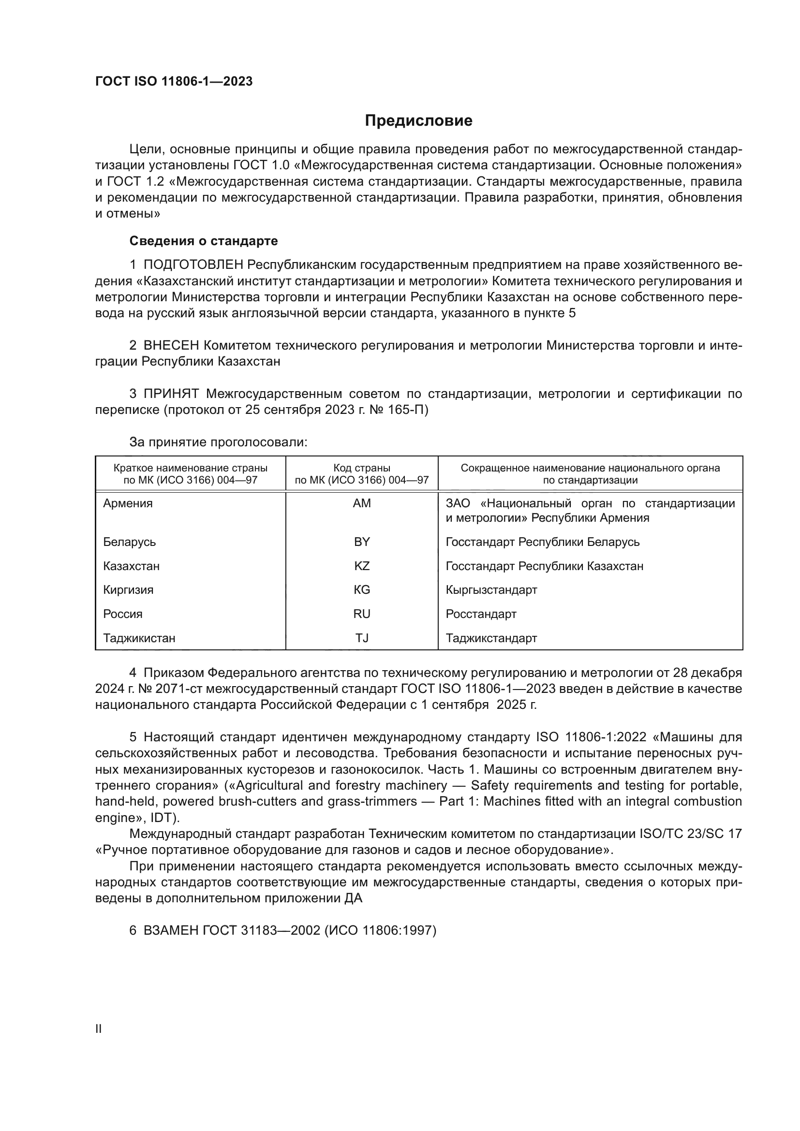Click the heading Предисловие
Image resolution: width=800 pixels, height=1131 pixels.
(418, 121)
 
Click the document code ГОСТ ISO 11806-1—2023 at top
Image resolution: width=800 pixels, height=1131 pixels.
(174, 81)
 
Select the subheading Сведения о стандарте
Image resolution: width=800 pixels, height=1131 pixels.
(204, 241)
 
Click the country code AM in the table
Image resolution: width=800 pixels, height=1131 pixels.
(362, 503)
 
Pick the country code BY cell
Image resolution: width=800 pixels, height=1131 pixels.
(362, 542)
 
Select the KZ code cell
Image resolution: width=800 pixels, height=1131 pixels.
(362, 566)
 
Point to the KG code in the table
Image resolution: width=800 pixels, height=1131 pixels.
(362, 589)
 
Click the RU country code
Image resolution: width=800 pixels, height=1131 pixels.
(362, 614)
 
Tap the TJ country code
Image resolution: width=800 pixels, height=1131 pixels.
(362, 638)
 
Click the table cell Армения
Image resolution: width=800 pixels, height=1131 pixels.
(128, 503)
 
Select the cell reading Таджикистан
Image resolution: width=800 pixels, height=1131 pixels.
(139, 638)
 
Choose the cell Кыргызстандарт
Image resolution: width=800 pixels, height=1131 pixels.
(491, 589)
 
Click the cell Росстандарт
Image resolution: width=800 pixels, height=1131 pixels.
(481, 614)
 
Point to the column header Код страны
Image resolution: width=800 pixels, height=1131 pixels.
(362, 468)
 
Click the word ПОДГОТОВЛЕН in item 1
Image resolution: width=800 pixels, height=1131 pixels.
(193, 265)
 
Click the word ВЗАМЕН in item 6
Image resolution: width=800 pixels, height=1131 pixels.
(171, 930)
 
